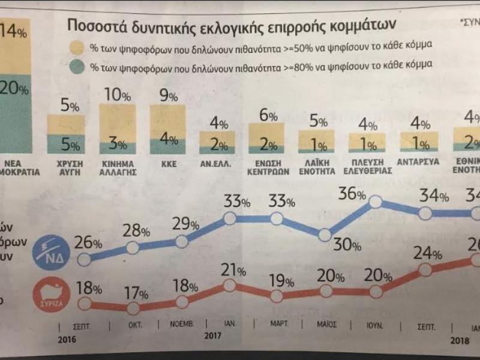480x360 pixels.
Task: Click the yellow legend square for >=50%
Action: coord(76,47)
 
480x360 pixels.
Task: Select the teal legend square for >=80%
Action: coord(76,64)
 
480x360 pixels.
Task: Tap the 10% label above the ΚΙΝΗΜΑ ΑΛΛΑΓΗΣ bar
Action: coord(117,95)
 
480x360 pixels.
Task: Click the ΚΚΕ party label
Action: coord(167,163)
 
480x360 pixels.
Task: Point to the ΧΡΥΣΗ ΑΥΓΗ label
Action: coord(66,167)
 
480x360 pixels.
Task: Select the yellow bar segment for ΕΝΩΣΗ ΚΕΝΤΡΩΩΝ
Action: coord(267,130)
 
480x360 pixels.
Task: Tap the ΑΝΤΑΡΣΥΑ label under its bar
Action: coord(418,163)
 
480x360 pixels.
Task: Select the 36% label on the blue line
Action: coord(352,193)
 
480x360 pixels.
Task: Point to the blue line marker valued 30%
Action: coord(326,236)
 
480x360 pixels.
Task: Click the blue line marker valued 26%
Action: coord(85,259)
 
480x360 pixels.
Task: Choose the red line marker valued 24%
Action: coord(425,269)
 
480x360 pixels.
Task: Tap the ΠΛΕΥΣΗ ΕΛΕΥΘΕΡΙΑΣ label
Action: coord(368,167)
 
